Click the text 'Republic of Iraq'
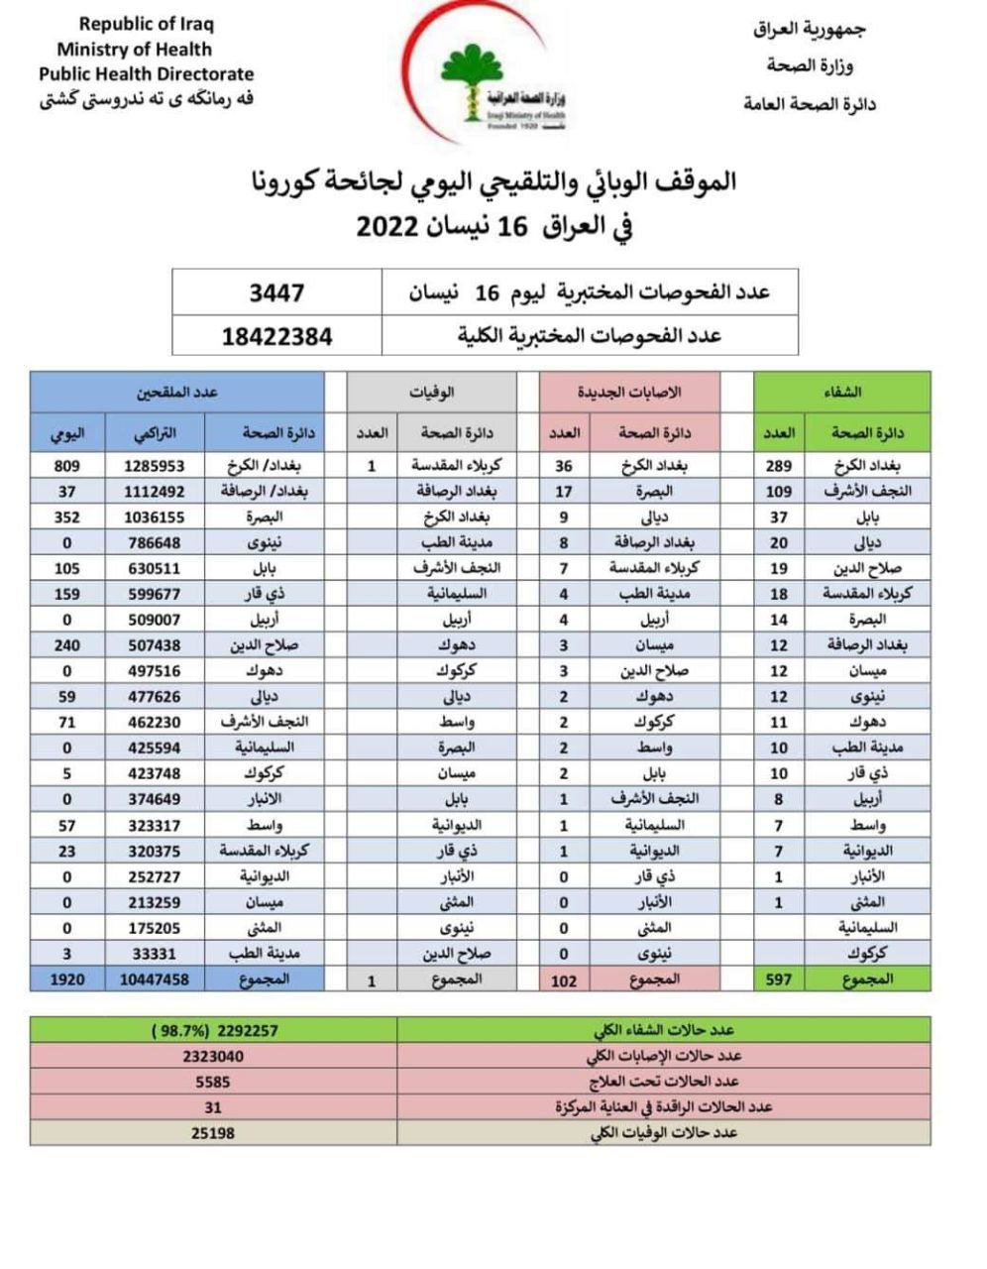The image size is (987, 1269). [146, 24]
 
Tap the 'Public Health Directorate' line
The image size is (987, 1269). [146, 74]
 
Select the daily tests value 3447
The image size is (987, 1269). [276, 293]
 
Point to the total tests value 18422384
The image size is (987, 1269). [276, 337]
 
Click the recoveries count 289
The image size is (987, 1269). [779, 465]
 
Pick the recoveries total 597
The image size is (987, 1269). [779, 979]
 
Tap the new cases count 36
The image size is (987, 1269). [564, 465]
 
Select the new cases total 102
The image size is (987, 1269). [564, 980]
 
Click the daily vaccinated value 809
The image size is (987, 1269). [66, 465]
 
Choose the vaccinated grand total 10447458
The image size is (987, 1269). [155, 979]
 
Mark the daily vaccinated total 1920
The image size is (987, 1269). [66, 979]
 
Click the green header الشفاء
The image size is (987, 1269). [842, 393]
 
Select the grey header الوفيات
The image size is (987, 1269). [432, 393]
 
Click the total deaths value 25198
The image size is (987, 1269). [213, 1132]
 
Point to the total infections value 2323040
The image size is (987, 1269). [213, 1057]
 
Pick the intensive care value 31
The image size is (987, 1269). [213, 1107]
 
